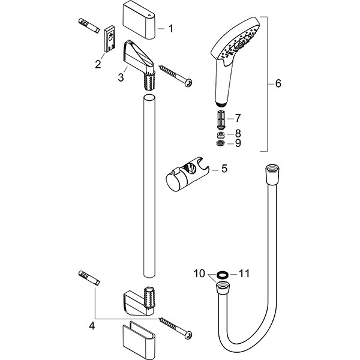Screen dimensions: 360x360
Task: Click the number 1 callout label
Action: [x=170, y=28]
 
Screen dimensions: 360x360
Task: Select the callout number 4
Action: [x=91, y=326]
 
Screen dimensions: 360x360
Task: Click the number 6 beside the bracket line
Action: [x=277, y=84]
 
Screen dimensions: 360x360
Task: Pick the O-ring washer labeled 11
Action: [x=221, y=274]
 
